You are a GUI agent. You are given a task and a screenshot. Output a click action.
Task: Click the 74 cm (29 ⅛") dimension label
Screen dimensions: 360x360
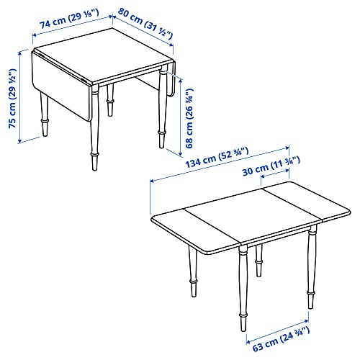(69, 19)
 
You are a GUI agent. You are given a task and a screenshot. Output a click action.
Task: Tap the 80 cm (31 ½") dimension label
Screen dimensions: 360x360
(145, 24)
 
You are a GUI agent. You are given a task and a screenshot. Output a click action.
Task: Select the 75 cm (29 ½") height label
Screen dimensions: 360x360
(13, 99)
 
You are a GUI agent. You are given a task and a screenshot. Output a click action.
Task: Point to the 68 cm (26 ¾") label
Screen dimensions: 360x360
(189, 118)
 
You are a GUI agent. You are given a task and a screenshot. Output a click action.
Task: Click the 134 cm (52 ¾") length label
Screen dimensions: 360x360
(217, 158)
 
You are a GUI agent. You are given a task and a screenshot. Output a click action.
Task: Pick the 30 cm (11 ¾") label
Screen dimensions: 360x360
(271, 166)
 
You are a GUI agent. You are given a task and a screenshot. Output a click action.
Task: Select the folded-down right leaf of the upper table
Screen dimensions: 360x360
(171, 79)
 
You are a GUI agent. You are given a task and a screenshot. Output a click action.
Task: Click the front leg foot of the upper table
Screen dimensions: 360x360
(94, 162)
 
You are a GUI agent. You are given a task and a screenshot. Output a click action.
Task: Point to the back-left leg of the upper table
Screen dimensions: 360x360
(44, 114)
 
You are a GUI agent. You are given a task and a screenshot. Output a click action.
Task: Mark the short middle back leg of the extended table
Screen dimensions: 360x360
(258, 261)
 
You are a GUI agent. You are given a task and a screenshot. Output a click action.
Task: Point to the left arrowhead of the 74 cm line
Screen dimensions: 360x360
(34, 35)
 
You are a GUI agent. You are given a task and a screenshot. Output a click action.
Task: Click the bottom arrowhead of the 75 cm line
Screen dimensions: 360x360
(20, 141)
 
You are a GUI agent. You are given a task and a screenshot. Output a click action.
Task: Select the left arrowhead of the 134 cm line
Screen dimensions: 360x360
(152, 181)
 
